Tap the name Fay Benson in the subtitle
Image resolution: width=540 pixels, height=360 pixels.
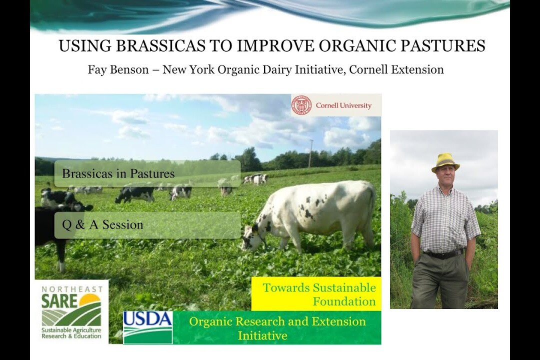pos(118,69)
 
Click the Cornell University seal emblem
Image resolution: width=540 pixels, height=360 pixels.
pos(302,105)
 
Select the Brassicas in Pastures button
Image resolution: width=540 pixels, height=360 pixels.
pos(147,173)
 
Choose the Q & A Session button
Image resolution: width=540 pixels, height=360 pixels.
pos(147,225)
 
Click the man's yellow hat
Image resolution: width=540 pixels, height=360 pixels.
pos(445,162)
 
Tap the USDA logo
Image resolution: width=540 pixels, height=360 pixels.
pos(147,327)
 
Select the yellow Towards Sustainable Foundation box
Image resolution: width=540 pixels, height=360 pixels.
pos(316,293)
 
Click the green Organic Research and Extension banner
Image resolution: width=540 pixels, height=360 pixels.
pos(277,327)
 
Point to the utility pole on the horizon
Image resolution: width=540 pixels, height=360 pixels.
pos(310,153)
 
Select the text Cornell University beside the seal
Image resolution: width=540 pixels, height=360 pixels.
pos(343,105)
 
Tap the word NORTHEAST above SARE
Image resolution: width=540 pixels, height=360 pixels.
pos(72,288)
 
